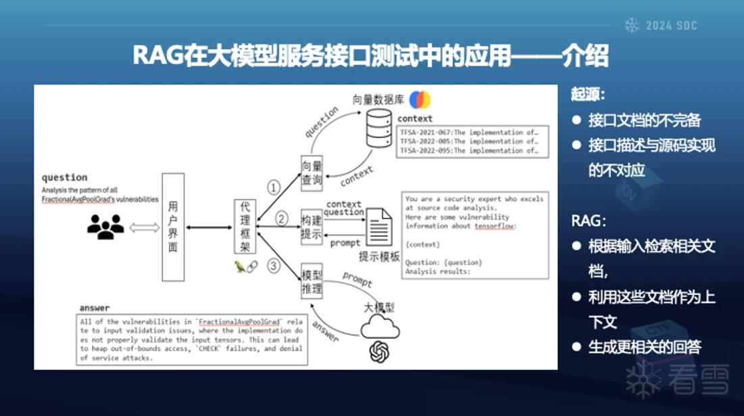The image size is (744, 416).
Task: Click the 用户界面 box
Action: coord(173,227)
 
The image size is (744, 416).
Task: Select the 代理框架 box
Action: coord(245,227)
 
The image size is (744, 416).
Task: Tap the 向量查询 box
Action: coord(312,172)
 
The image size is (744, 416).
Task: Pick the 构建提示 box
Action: coord(312,226)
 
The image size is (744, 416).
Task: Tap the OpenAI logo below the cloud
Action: coord(379,352)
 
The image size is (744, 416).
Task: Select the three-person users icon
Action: coord(105,227)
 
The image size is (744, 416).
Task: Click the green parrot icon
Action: coord(239,267)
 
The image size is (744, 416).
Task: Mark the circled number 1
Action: coord(274,187)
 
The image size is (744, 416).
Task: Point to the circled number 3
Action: coord(274,266)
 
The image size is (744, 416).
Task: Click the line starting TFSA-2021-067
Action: coord(468,133)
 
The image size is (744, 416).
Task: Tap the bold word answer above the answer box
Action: coord(94,308)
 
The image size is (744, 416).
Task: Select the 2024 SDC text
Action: coord(671,26)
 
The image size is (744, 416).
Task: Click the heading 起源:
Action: coord(587,95)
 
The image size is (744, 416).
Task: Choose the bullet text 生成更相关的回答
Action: coord(644,347)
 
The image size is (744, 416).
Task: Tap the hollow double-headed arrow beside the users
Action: coord(144,227)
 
